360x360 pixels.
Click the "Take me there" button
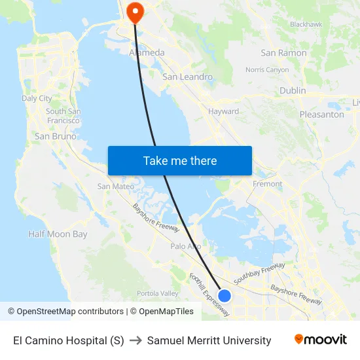pos(180,160)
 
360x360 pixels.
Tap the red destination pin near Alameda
pos(135,11)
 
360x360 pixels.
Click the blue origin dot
pos(224,296)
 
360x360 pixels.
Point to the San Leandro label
pos(187,77)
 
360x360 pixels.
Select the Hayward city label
pos(223,111)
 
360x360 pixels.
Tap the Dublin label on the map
pos(292,90)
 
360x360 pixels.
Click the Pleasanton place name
pos(321,114)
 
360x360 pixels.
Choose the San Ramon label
pos(283,52)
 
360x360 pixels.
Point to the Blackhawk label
pos(306,24)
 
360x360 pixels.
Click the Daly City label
pos(37,98)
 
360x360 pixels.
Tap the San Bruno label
pos(55,136)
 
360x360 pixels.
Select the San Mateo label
pos(115,186)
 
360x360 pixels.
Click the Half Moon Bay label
pos(58,234)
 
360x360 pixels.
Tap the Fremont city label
pos(267,184)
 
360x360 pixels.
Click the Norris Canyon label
pos(267,69)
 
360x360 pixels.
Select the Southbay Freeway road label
pos(259,272)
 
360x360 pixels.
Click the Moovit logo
pos(320,340)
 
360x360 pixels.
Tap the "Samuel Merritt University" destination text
pos(209,340)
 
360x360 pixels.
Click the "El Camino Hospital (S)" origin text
pos(69,340)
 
